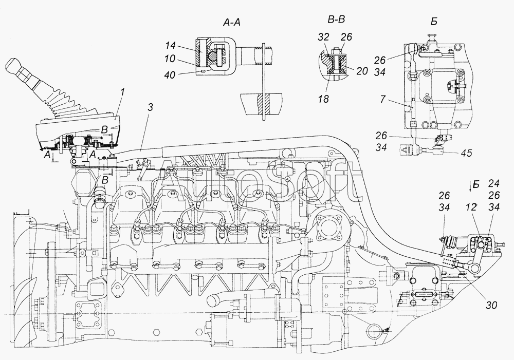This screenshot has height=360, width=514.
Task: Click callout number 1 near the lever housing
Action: tap(122, 93)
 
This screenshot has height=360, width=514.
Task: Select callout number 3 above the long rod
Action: tap(150, 108)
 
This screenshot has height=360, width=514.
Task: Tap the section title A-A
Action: tap(231, 22)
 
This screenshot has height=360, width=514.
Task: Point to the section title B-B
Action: tap(336, 20)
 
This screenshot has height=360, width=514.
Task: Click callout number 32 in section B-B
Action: tap(323, 36)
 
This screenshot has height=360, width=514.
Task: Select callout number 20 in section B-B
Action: tap(362, 71)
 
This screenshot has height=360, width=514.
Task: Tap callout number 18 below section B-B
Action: tap(323, 99)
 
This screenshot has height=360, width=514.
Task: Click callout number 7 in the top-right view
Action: tap(383, 99)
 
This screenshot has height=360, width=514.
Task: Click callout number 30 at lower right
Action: tap(491, 305)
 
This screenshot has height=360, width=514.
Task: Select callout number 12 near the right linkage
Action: tap(471, 207)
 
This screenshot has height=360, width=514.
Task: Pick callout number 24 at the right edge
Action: tap(493, 183)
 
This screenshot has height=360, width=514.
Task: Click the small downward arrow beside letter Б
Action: tap(471, 186)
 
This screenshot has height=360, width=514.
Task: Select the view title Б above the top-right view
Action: tap(434, 22)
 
